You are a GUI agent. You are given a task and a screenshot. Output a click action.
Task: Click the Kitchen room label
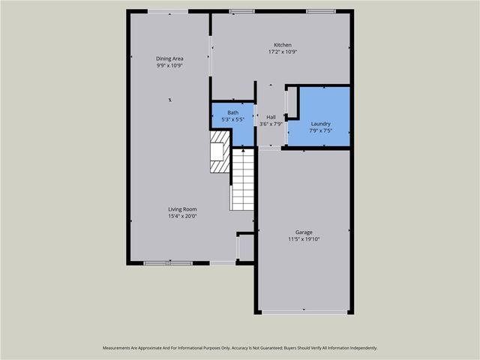[x=283, y=45]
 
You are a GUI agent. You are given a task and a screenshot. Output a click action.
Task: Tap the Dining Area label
[x=169, y=58]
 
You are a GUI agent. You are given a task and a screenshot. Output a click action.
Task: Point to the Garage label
[x=304, y=232]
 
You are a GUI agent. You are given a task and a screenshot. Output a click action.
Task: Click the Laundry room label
[x=320, y=124]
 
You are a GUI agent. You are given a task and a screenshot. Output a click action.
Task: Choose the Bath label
[x=233, y=112]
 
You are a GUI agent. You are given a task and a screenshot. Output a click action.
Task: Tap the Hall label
[x=271, y=117]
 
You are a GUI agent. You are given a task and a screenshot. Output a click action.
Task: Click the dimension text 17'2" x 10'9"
[x=283, y=52]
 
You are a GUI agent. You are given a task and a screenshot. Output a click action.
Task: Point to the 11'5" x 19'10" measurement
[x=304, y=239]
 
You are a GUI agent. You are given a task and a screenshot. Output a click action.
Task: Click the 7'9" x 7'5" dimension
[x=320, y=130]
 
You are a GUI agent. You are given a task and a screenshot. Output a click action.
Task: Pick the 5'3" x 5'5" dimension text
[x=233, y=119]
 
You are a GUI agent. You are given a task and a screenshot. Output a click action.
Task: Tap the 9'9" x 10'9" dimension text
[x=169, y=65]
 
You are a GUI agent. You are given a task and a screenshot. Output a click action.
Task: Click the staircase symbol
[x=242, y=180]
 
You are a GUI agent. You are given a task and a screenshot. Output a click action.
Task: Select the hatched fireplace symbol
[x=219, y=153]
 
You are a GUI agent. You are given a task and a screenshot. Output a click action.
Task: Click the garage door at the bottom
[x=304, y=312]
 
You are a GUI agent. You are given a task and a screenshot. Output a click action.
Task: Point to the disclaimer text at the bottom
[x=240, y=348]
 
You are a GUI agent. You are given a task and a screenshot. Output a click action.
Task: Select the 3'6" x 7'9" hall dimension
[x=271, y=124]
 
